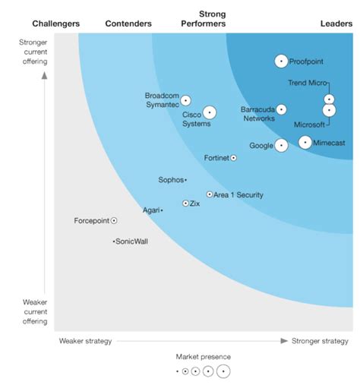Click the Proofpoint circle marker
(281, 62)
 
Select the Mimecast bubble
(305, 141)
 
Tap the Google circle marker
(281, 145)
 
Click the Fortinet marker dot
(233, 158)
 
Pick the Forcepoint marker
(114, 221)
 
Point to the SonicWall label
(131, 241)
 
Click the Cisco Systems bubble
(210, 112)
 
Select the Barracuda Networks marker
(282, 109)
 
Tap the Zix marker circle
(185, 204)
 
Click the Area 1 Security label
(238, 195)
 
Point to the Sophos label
(170, 180)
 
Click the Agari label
(150, 210)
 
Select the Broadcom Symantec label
(161, 100)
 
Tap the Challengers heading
(56, 24)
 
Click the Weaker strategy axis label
(85, 341)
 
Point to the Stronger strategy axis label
(320, 341)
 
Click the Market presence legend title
(203, 356)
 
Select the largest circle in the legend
(223, 371)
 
